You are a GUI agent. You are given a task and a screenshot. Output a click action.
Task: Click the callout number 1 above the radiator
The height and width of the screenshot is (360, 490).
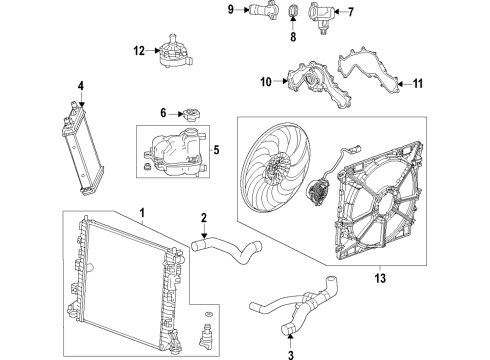(142, 213)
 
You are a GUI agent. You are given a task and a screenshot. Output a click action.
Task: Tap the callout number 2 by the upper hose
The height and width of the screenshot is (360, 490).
(203, 218)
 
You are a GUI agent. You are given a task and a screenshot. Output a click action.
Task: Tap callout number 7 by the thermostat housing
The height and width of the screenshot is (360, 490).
(350, 13)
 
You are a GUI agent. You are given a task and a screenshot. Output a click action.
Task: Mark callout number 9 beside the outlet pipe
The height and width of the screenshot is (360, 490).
(230, 11)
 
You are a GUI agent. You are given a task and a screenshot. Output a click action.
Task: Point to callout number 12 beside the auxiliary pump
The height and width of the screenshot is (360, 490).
(136, 49)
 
